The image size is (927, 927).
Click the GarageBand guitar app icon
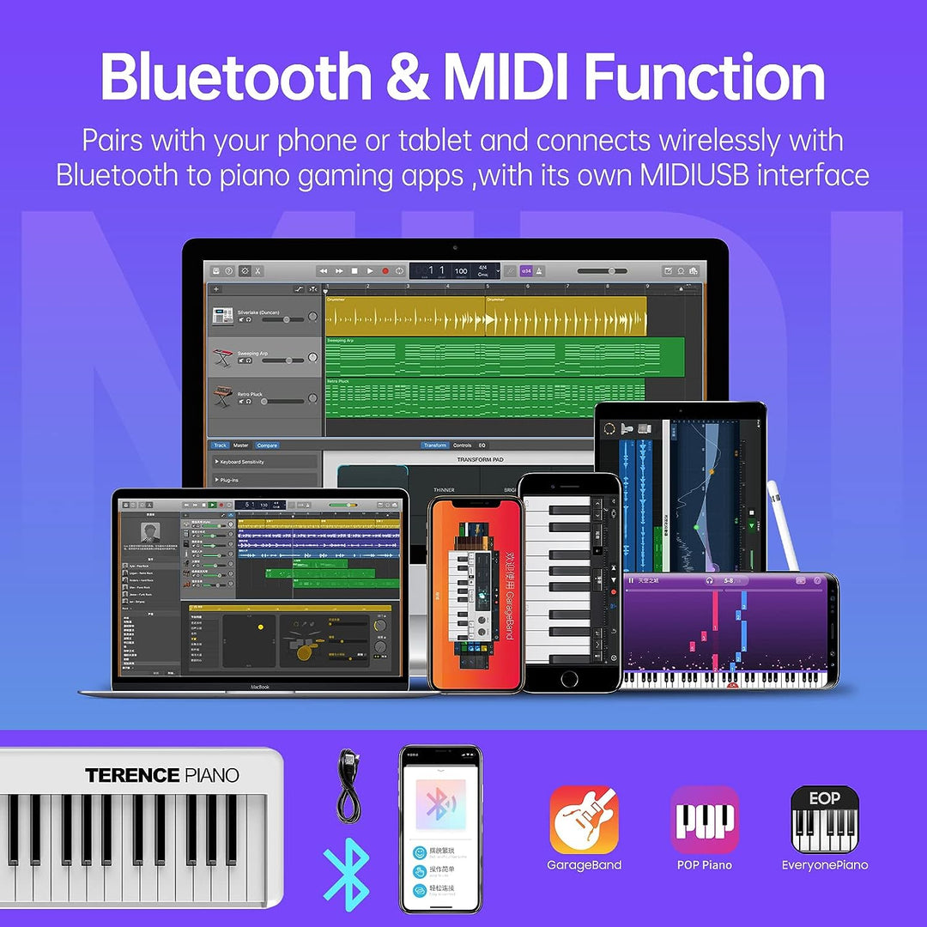(585, 819)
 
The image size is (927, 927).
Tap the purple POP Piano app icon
(705, 819)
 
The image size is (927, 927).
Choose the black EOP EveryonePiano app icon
(825, 819)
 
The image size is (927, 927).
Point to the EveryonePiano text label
(825, 865)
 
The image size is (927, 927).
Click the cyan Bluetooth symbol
(346, 877)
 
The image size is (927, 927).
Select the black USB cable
(347, 785)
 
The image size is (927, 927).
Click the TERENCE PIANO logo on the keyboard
(161, 776)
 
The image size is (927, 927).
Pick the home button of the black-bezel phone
(569, 678)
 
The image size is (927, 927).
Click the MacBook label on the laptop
(259, 687)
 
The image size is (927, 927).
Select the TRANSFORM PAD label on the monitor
(481, 460)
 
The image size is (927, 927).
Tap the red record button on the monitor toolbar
(385, 271)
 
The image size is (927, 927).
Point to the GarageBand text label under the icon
(585, 865)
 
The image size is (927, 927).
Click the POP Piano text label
(705, 865)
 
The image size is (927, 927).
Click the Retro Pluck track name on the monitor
(251, 394)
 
